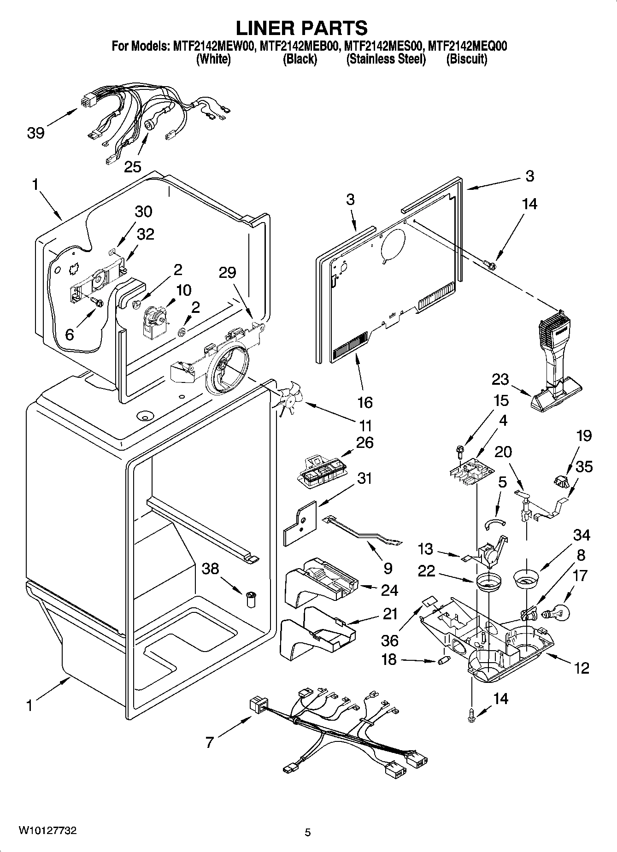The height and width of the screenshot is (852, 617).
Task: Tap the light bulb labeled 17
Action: click(x=558, y=613)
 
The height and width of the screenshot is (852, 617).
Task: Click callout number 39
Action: click(x=35, y=133)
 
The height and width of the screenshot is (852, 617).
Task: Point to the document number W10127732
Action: click(x=47, y=831)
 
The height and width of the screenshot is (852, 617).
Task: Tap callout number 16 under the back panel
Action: click(x=364, y=402)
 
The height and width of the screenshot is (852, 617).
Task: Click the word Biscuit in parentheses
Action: click(x=466, y=59)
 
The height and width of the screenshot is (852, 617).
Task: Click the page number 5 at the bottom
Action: click(x=308, y=832)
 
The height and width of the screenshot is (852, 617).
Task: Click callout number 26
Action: click(x=364, y=443)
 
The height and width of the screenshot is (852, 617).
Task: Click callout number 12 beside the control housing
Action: click(x=582, y=668)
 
